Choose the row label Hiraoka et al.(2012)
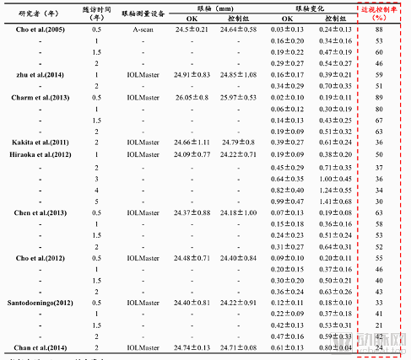click(38, 155)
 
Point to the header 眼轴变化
click(292, 7)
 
